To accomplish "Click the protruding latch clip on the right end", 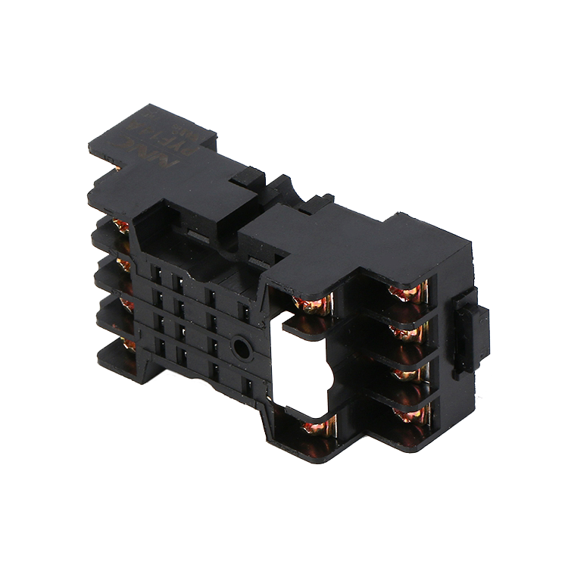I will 470,332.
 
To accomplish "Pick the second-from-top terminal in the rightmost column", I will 410,331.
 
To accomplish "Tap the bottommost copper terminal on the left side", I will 129,345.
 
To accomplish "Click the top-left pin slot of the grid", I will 158,270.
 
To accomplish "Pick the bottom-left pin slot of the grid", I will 160,347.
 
